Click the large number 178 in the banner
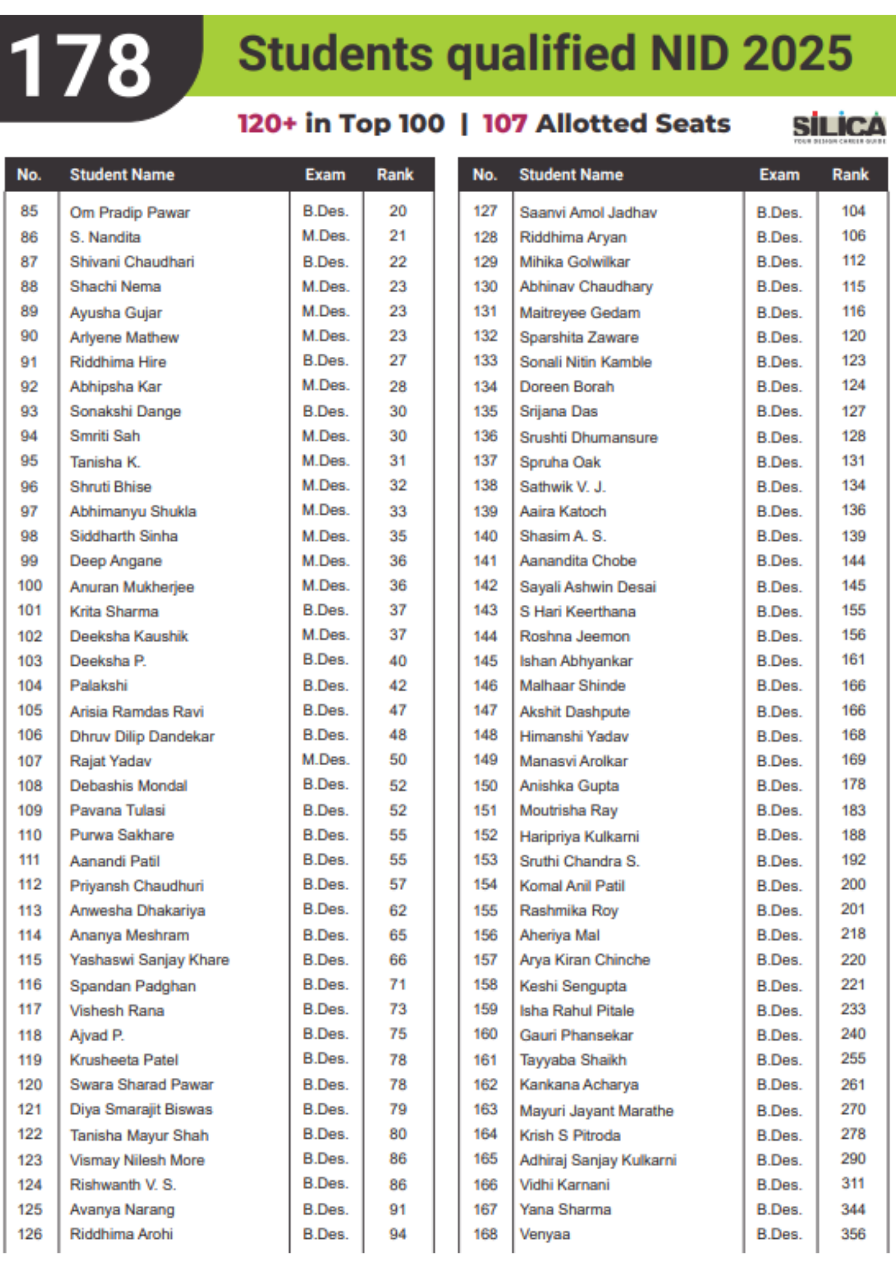point(81,66)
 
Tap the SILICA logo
point(838,127)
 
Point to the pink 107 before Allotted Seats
point(504,124)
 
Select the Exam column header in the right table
point(779,175)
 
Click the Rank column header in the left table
point(395,175)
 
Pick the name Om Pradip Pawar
point(130,212)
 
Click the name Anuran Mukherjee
point(132,587)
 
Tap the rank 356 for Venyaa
point(853,1234)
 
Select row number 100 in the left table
point(30,586)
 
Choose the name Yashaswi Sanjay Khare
point(150,960)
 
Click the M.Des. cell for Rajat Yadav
point(325,760)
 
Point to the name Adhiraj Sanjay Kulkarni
point(598,1160)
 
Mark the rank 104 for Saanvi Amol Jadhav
point(853,211)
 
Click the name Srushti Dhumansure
point(588,437)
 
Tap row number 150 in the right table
point(485,786)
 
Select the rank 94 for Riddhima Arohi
point(397,1234)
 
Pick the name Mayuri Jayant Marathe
point(596,1111)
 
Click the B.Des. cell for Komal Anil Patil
point(779,886)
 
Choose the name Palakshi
point(99,686)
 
